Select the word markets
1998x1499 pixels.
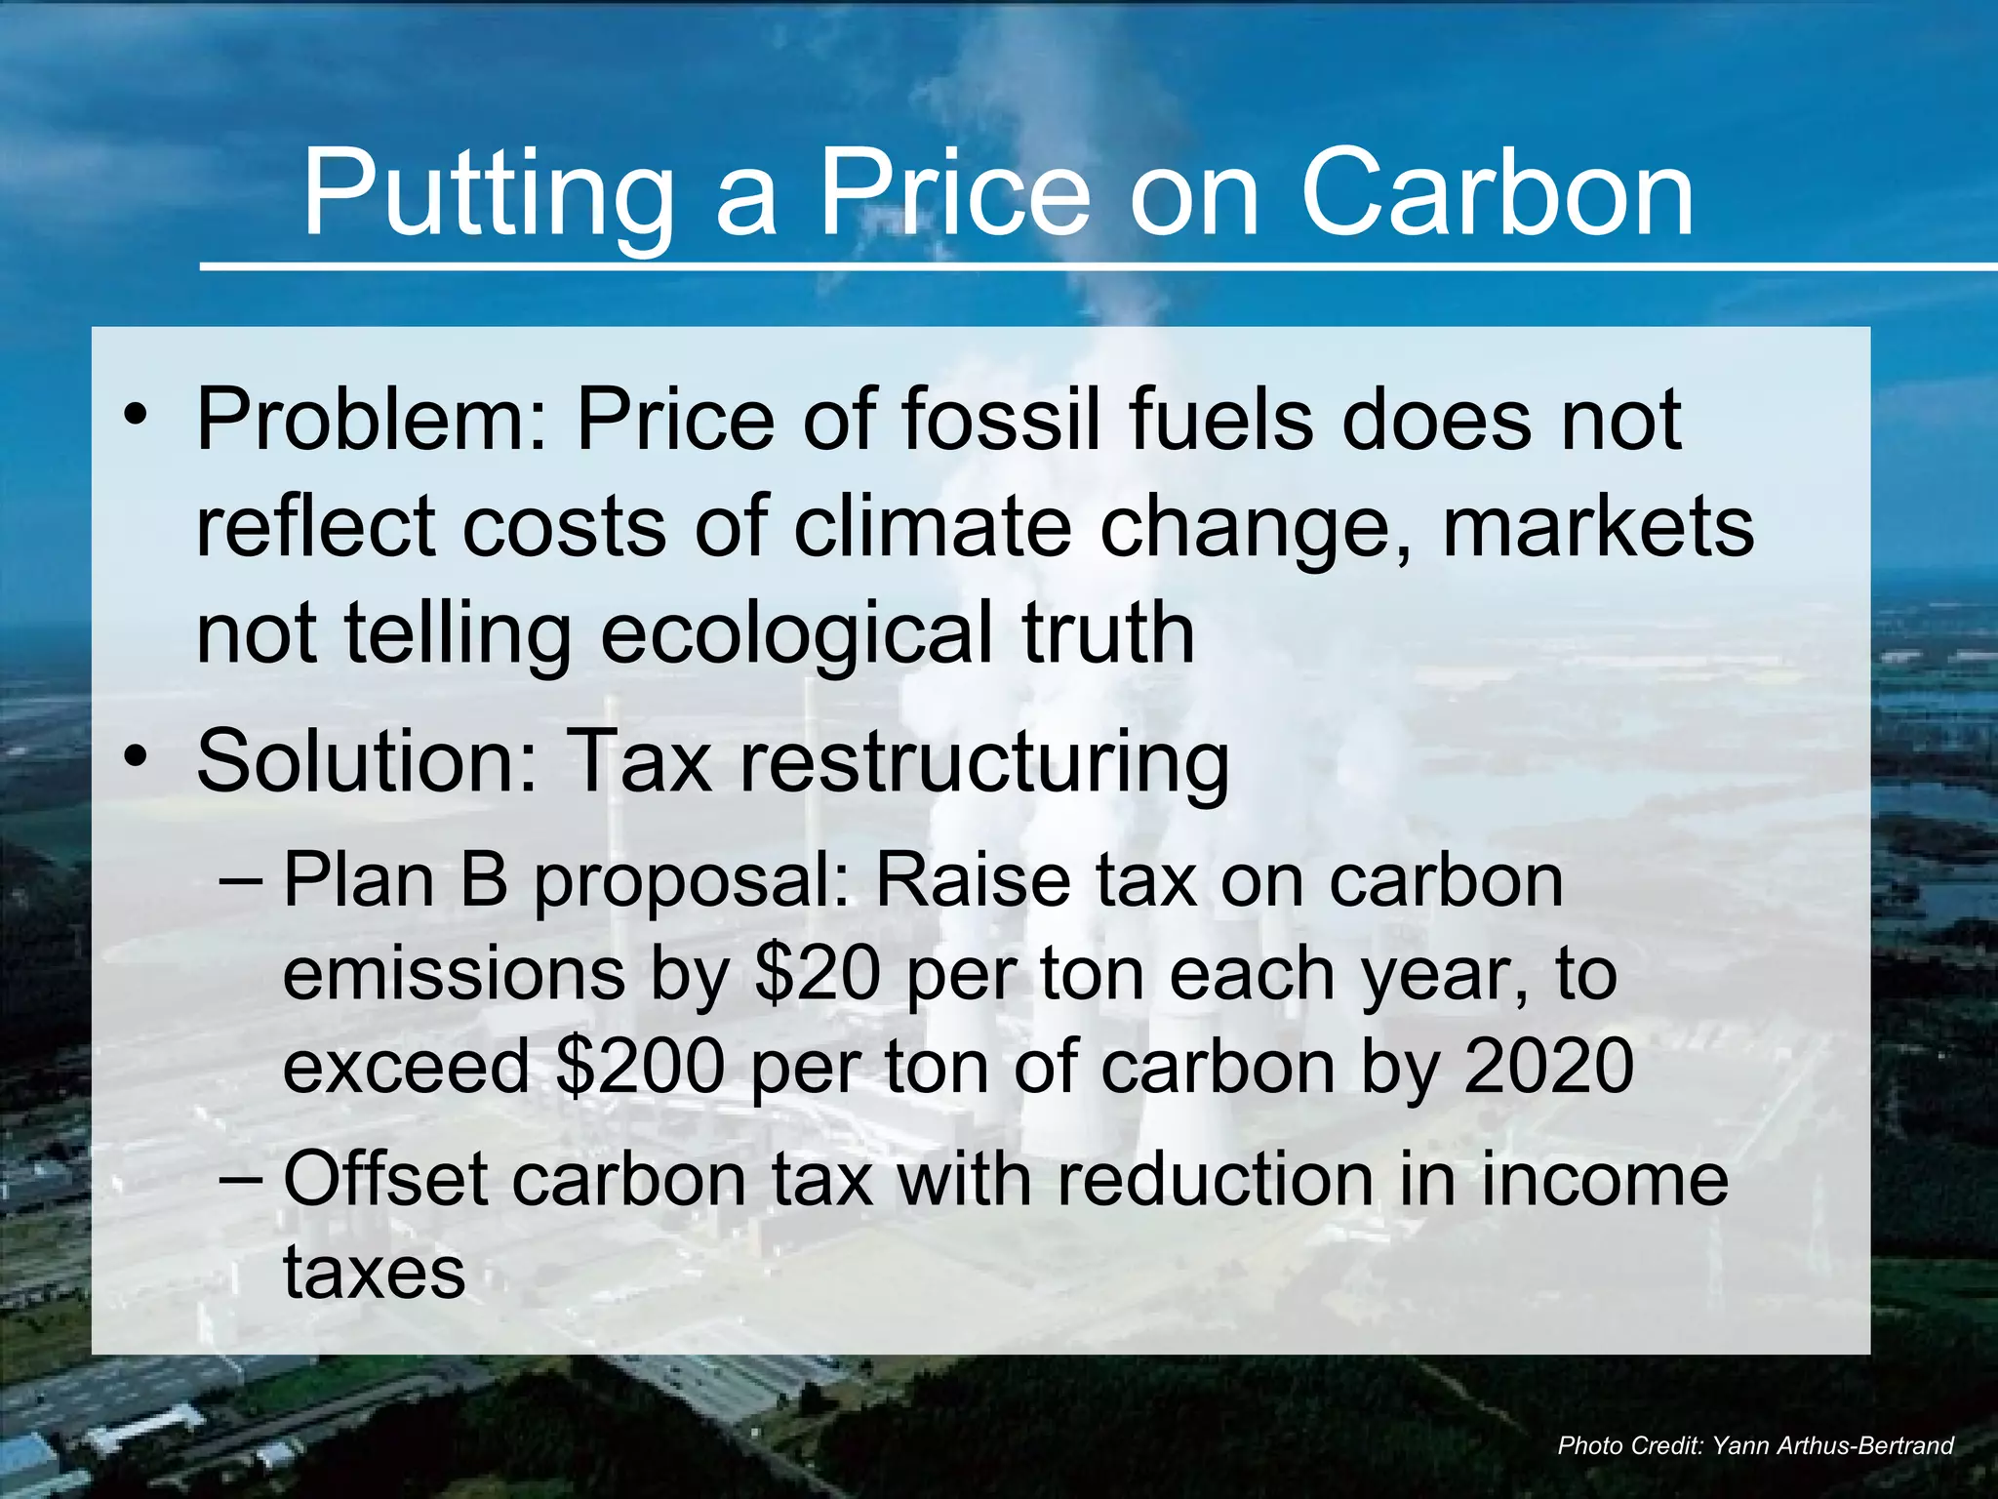(1597, 527)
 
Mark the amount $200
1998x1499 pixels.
(640, 1066)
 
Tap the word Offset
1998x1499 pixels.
(385, 1179)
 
